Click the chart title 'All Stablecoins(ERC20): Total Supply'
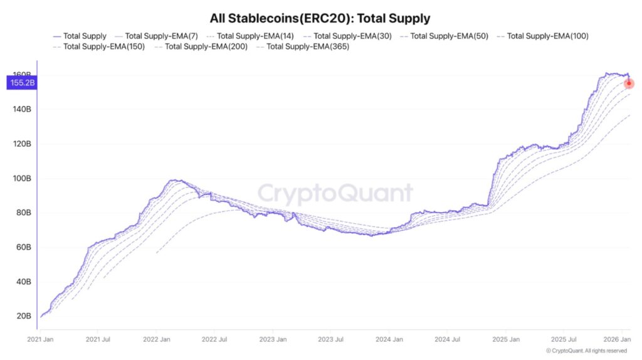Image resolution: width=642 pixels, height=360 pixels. (x=320, y=19)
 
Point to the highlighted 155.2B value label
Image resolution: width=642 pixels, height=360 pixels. (x=21, y=82)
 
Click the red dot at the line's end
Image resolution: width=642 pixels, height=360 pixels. (x=629, y=83)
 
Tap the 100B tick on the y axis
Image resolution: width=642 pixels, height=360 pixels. (x=21, y=178)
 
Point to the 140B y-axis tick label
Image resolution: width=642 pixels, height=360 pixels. (x=21, y=109)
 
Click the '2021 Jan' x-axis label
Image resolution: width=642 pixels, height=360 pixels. (x=41, y=339)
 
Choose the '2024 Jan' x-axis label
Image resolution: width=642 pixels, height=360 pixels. (x=389, y=339)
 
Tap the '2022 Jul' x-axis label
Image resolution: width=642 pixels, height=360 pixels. (x=214, y=339)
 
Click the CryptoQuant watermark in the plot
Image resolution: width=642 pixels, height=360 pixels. (x=335, y=194)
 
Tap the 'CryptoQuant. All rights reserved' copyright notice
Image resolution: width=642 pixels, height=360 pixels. (x=587, y=351)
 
